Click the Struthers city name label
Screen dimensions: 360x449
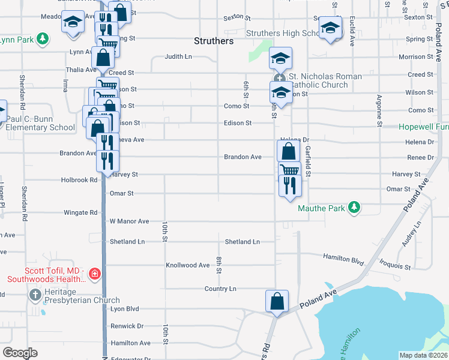tap(214, 41)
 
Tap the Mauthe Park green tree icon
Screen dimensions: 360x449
tap(355, 208)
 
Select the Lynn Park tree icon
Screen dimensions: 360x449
tap(42, 40)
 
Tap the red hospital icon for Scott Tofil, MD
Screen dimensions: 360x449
tap(94, 274)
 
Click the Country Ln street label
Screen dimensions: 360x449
tap(220, 289)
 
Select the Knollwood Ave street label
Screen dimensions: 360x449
tap(187, 265)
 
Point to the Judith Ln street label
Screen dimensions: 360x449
tap(179, 58)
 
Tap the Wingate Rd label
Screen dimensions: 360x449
tap(80, 212)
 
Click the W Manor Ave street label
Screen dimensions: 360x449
tap(129, 221)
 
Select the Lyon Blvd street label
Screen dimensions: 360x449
tap(124, 309)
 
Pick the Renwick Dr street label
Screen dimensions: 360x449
tap(127, 326)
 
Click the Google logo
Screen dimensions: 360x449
tap(20, 353)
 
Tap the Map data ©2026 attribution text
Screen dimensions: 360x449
tap(423, 355)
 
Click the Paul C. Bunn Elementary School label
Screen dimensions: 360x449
tap(41, 123)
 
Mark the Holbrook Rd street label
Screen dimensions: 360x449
tap(79, 179)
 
